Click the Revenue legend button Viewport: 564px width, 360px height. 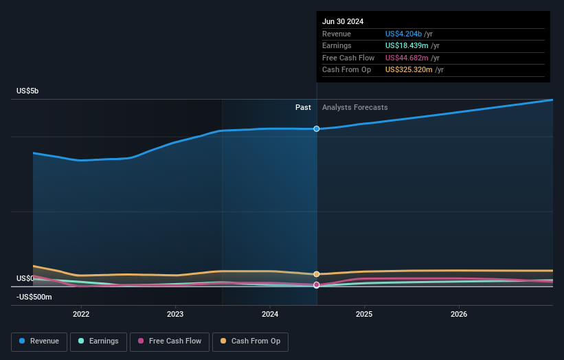[x=39, y=341]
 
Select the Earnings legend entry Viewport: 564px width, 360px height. [x=98, y=341]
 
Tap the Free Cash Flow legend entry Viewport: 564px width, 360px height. [x=169, y=341]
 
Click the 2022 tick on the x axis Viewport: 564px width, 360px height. [x=81, y=314]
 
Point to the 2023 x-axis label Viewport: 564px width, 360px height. [x=175, y=314]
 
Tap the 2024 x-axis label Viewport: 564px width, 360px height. [x=270, y=314]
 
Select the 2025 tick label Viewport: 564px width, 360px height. [x=364, y=314]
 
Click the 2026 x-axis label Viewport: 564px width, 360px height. [x=459, y=314]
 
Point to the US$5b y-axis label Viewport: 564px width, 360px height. [x=29, y=91]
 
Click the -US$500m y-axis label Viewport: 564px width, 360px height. [x=34, y=297]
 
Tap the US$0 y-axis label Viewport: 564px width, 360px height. [x=25, y=278]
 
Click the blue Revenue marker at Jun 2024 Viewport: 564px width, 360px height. [x=317, y=128]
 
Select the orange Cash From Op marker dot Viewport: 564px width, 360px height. [x=317, y=273]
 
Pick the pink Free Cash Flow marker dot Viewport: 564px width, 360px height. [x=317, y=284]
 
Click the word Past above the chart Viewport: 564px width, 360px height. [x=303, y=107]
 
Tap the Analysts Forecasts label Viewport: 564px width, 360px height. [x=354, y=107]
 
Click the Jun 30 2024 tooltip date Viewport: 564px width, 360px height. [x=343, y=21]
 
